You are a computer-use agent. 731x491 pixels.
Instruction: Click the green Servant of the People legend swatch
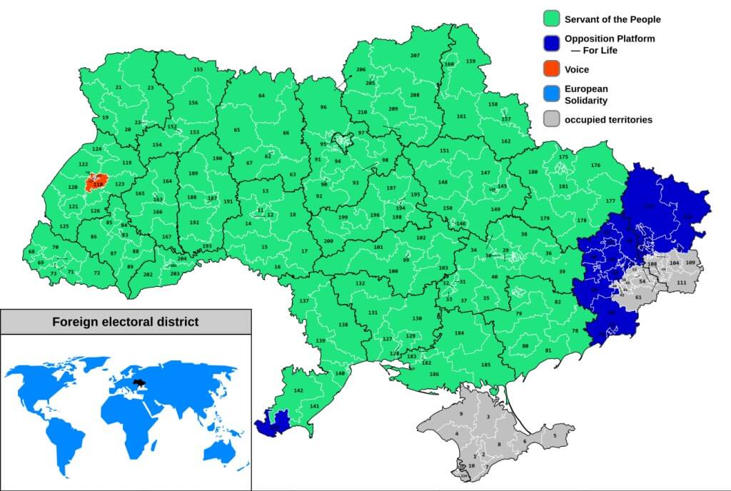coord(551,19)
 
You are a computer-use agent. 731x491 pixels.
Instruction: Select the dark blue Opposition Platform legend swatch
coord(551,44)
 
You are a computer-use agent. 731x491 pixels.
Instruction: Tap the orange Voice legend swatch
coord(551,69)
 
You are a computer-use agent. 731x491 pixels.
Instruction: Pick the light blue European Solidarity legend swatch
coord(551,94)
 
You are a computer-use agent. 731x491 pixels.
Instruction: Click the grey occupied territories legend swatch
coord(551,119)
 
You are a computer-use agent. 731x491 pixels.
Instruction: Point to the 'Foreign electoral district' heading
coord(126,322)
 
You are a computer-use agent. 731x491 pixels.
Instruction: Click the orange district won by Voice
coord(96,183)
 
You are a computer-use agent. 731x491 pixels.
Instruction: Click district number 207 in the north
coord(415,56)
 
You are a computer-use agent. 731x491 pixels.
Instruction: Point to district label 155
coord(198,69)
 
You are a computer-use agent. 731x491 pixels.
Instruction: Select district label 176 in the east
coord(595,166)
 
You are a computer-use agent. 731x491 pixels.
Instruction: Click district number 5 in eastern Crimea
coord(553,435)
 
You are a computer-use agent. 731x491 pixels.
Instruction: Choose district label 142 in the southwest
coord(298,390)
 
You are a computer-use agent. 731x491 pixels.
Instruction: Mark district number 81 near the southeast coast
coord(548,350)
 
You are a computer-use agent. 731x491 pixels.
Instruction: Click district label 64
coord(261,96)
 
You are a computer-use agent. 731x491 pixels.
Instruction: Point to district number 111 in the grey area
coord(682,283)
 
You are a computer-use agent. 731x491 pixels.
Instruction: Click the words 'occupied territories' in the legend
coord(608,120)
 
